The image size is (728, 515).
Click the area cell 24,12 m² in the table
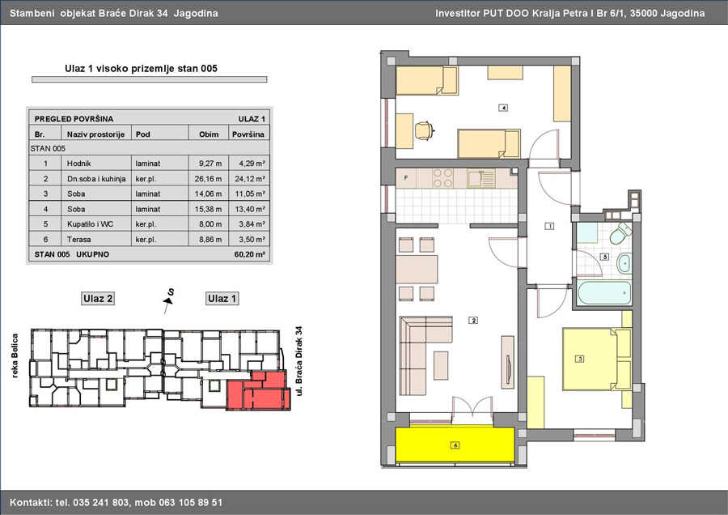[x=250, y=178]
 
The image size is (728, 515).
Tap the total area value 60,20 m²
[x=250, y=254]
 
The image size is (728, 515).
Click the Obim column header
[x=209, y=134]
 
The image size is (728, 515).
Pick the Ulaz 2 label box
[x=98, y=299]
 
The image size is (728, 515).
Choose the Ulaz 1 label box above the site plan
[x=222, y=299]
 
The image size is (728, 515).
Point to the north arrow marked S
[x=168, y=300]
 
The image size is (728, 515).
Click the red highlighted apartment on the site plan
[x=258, y=390]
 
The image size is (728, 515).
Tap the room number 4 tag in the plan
[x=503, y=108]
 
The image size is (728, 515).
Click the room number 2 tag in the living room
[x=473, y=320]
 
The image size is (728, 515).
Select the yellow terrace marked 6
[x=455, y=445]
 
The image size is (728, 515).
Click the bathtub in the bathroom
[x=604, y=293]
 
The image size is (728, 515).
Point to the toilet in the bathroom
[x=620, y=233]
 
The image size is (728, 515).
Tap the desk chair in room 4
[x=425, y=130]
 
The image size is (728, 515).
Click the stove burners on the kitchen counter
[x=442, y=178]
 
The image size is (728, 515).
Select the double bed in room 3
[x=597, y=360]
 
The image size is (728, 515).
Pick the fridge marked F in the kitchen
[x=406, y=178]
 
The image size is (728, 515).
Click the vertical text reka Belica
[x=15, y=355]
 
